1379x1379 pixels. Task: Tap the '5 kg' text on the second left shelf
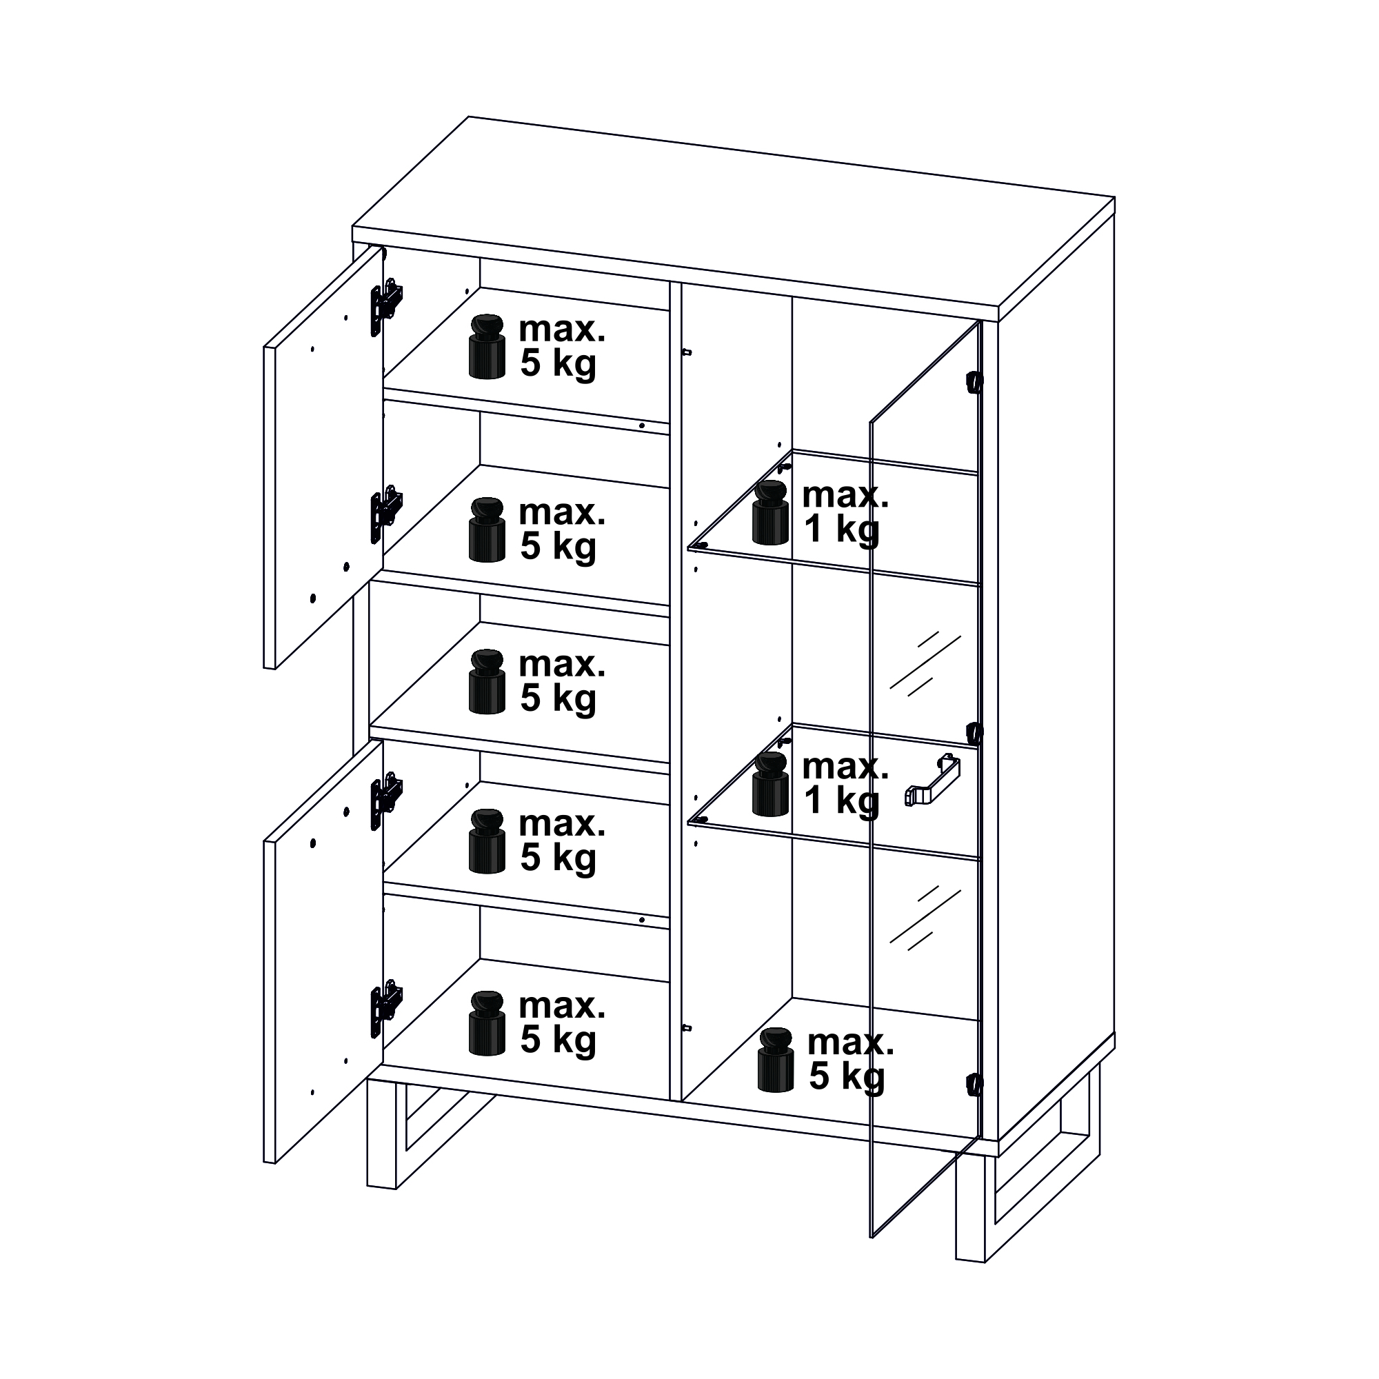pos(557,547)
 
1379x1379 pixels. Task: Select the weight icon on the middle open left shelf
pos(487,681)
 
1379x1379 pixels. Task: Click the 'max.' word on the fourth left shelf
pos(562,824)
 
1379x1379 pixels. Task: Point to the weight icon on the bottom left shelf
pos(487,1023)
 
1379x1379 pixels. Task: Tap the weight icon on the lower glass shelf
pos(770,784)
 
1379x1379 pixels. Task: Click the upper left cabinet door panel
pos(323,457)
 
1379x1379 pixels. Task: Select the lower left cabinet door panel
pos(323,951)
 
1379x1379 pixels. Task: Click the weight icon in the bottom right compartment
pos(776,1060)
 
